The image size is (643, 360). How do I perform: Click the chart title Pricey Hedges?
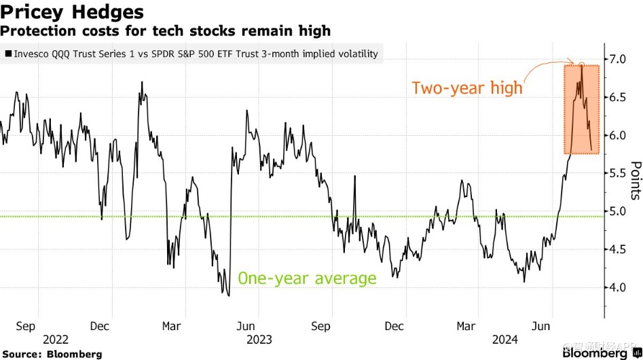pyautogui.click(x=73, y=12)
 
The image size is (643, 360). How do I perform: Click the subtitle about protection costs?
pyautogui.click(x=166, y=31)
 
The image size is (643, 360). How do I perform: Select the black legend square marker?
pyautogui.click(x=7, y=54)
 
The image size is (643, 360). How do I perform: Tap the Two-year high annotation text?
pyautogui.click(x=467, y=88)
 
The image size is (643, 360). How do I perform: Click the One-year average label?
pyautogui.click(x=306, y=278)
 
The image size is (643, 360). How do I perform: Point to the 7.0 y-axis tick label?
pyautogui.click(x=617, y=59)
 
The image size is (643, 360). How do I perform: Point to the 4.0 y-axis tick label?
pyautogui.click(x=617, y=287)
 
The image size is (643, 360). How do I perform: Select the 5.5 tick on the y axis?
pyautogui.click(x=617, y=173)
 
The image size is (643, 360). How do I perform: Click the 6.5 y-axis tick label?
pyautogui.click(x=617, y=97)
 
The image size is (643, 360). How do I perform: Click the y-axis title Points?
pyautogui.click(x=636, y=181)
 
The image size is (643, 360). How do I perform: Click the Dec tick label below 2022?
pyautogui.click(x=100, y=325)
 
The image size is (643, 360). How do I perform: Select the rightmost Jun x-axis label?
pyautogui.click(x=539, y=325)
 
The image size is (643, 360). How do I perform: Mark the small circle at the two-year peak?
pyautogui.click(x=581, y=65)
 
